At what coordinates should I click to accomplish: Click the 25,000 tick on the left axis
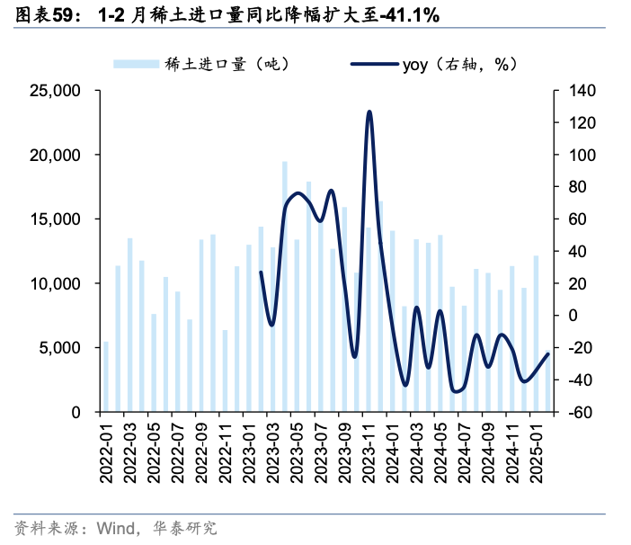(57, 91)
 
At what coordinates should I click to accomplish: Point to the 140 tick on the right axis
(573, 91)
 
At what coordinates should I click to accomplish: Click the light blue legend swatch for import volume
(134, 64)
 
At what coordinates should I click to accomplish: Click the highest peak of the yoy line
(369, 112)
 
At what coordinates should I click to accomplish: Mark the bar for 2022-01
(106, 377)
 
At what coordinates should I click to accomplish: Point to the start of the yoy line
(261, 272)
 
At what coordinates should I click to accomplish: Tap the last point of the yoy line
(548, 353)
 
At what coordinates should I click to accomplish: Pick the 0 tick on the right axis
(567, 316)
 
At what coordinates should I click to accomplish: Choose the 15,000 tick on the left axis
(57, 219)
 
